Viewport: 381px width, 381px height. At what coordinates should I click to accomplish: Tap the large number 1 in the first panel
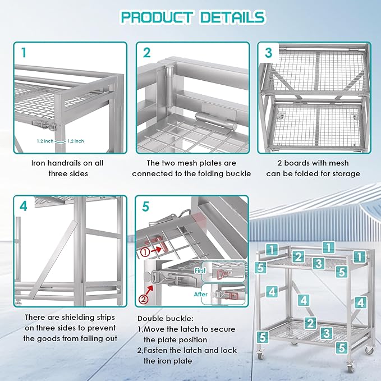coord(24,53)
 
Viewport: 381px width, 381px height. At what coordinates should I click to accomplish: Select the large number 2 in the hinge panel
coord(147,53)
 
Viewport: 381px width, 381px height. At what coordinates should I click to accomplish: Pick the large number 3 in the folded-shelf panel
coord(269,53)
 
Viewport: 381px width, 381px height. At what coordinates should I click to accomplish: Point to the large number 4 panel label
coord(24,206)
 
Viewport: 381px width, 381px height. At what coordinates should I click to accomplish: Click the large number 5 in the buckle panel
coord(146,206)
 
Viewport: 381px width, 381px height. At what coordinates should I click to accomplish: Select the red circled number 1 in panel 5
coord(146,252)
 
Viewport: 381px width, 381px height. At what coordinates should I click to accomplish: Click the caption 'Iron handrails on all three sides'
coord(67,168)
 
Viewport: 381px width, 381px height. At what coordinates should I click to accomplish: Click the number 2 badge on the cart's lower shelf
coord(310,323)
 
